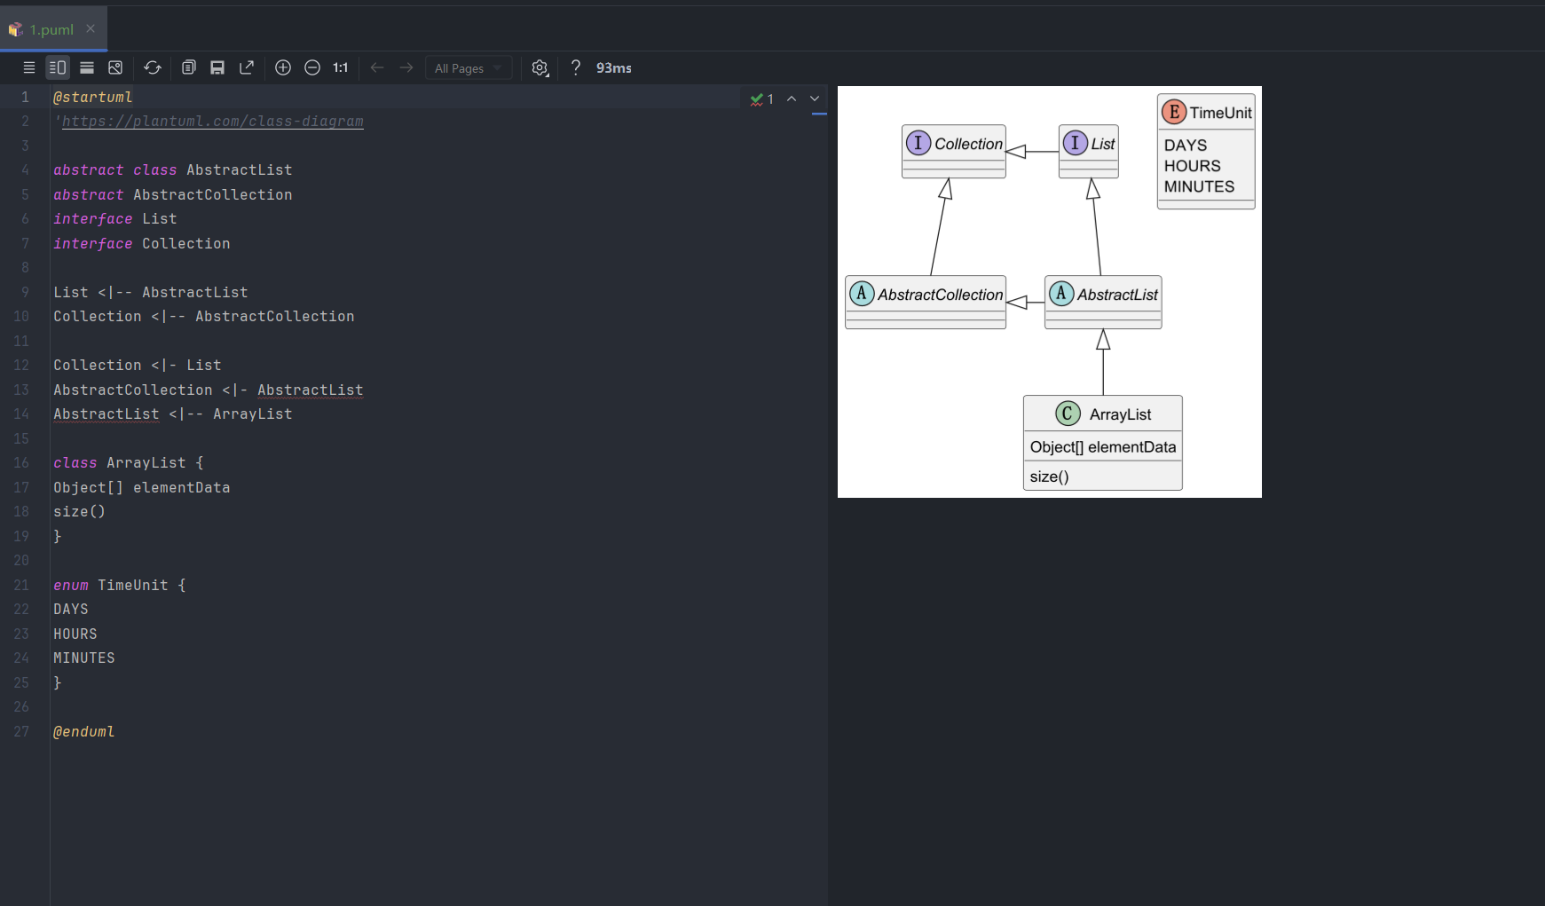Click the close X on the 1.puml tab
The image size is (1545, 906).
click(x=91, y=28)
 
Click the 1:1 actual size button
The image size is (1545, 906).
click(x=341, y=67)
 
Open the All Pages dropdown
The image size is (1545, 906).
click(x=469, y=68)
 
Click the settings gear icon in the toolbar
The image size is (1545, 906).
click(x=540, y=67)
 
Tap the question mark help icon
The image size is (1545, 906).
click(x=576, y=67)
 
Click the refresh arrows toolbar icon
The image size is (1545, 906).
click(x=153, y=67)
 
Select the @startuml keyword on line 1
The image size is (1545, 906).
click(x=92, y=98)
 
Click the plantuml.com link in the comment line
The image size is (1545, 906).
click(x=213, y=122)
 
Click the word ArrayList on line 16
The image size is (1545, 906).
click(x=146, y=463)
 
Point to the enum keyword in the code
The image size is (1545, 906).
click(x=71, y=586)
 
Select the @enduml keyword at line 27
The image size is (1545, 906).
click(x=83, y=732)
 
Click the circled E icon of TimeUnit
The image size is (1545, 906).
click(x=1174, y=112)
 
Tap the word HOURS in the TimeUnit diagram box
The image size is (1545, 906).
click(x=1192, y=166)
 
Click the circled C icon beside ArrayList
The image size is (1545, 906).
click(x=1068, y=414)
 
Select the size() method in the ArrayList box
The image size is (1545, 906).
click(x=1049, y=477)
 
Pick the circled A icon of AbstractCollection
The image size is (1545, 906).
click(x=861, y=294)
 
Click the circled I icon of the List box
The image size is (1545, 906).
click(x=1075, y=143)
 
